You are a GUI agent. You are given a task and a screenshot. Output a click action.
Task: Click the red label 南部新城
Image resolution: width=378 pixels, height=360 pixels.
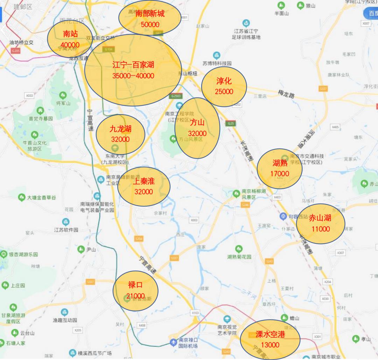[149, 14]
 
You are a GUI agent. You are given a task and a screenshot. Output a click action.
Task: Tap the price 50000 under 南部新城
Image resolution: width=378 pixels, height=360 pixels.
[150, 25]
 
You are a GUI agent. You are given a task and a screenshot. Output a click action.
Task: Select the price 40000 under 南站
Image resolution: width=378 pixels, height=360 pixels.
[70, 45]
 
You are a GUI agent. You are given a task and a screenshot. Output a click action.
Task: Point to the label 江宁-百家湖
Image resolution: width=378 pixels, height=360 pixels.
[133, 65]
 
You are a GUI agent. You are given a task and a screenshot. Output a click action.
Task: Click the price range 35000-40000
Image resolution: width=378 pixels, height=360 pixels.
[133, 76]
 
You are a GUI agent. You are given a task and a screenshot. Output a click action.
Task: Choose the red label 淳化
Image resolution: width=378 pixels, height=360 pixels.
[224, 81]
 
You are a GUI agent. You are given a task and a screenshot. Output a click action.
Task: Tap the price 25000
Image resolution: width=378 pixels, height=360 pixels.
[224, 92]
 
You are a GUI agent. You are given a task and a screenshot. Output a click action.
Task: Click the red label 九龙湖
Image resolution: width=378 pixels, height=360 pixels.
[120, 129]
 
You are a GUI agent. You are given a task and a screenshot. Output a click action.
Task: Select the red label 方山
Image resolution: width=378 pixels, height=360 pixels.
[197, 123]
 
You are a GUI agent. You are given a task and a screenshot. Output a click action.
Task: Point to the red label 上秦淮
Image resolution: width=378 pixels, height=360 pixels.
[143, 181]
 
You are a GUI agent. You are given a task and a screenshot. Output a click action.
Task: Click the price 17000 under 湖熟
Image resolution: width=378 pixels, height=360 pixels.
[280, 173]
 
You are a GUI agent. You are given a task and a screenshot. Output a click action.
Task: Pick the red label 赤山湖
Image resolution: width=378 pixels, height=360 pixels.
[320, 218]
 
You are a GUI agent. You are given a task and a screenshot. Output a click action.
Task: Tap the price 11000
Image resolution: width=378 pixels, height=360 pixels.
[320, 229]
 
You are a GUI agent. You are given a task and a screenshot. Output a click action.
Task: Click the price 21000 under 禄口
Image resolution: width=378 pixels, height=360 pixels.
[135, 296]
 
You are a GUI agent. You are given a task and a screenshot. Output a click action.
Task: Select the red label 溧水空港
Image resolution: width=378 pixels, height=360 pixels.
[270, 334]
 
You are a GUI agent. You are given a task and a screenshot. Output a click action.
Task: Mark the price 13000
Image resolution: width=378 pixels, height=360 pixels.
[270, 345]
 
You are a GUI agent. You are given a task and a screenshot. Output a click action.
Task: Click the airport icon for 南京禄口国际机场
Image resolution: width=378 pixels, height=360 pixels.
[173, 342]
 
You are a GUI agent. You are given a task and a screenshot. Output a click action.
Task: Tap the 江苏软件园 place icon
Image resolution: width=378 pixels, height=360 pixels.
[65, 222]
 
